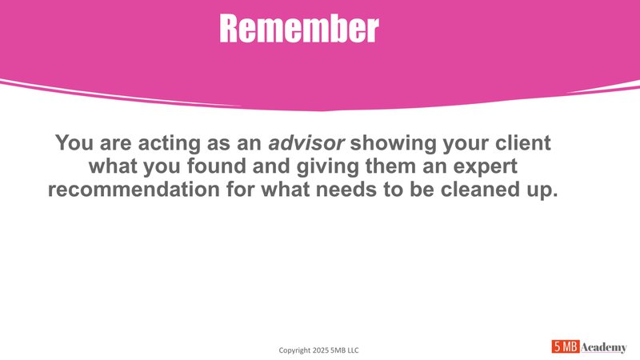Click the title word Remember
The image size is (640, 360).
coord(298,29)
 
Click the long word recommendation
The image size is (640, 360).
coord(141,192)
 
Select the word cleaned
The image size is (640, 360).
coord(490,192)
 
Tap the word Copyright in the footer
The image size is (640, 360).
coord(295,350)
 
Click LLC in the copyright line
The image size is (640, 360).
coord(361,350)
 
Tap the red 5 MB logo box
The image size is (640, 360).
coord(566,346)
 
